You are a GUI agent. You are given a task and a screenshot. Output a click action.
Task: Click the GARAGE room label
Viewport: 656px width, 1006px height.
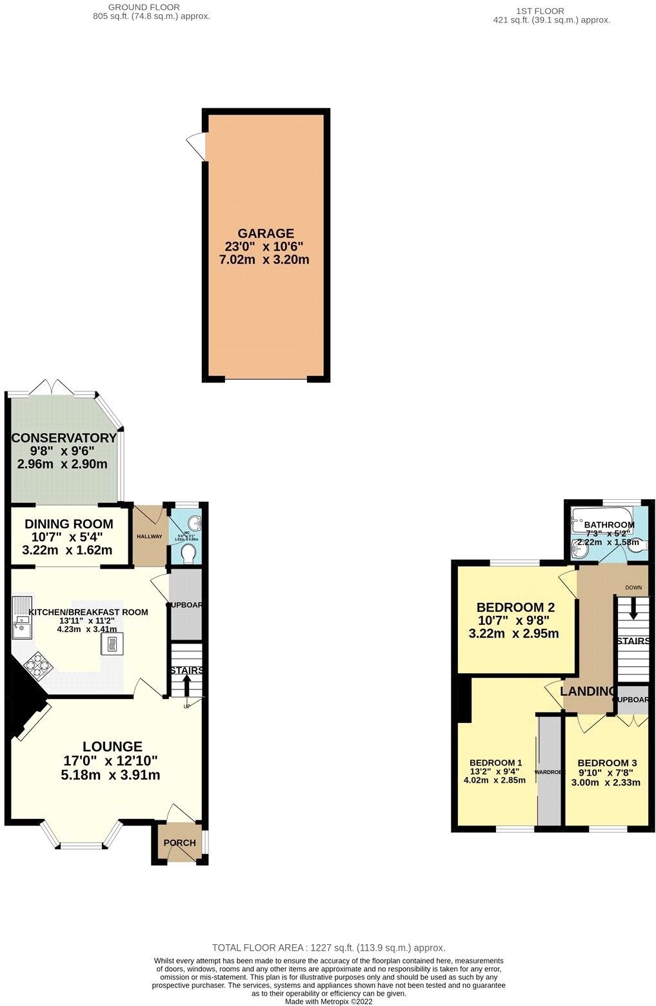[x=265, y=233]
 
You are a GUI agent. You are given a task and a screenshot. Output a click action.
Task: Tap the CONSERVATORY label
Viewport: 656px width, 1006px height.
[x=65, y=438]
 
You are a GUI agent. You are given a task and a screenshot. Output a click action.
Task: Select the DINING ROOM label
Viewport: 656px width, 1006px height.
[x=69, y=524]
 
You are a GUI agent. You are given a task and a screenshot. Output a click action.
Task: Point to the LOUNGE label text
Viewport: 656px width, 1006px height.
[x=112, y=747]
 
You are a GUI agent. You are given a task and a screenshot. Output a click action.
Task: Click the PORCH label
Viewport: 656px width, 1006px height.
[x=179, y=843]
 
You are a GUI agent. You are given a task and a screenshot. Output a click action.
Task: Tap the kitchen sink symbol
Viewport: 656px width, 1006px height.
[x=21, y=620]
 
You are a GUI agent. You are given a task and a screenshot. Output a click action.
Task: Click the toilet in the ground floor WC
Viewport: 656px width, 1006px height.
[x=189, y=553]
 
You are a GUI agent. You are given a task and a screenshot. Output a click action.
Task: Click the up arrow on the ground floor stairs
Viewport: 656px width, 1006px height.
[x=187, y=686]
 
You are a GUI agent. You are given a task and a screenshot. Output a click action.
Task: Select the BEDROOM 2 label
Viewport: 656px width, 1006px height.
[x=515, y=607]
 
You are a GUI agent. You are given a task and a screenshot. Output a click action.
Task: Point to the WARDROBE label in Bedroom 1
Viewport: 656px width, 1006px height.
[x=549, y=772]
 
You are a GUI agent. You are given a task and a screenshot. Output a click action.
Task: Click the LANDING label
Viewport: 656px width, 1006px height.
[x=587, y=691]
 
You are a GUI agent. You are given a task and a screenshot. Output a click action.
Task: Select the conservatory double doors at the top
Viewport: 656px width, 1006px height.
[x=52, y=388]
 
